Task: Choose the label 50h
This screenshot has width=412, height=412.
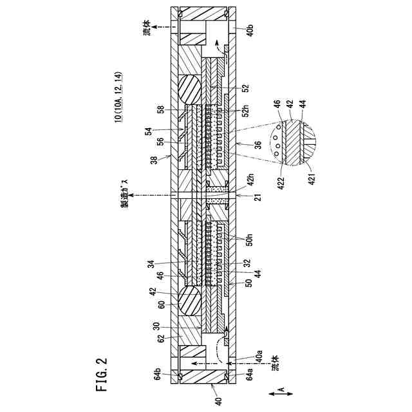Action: click(251, 239)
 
